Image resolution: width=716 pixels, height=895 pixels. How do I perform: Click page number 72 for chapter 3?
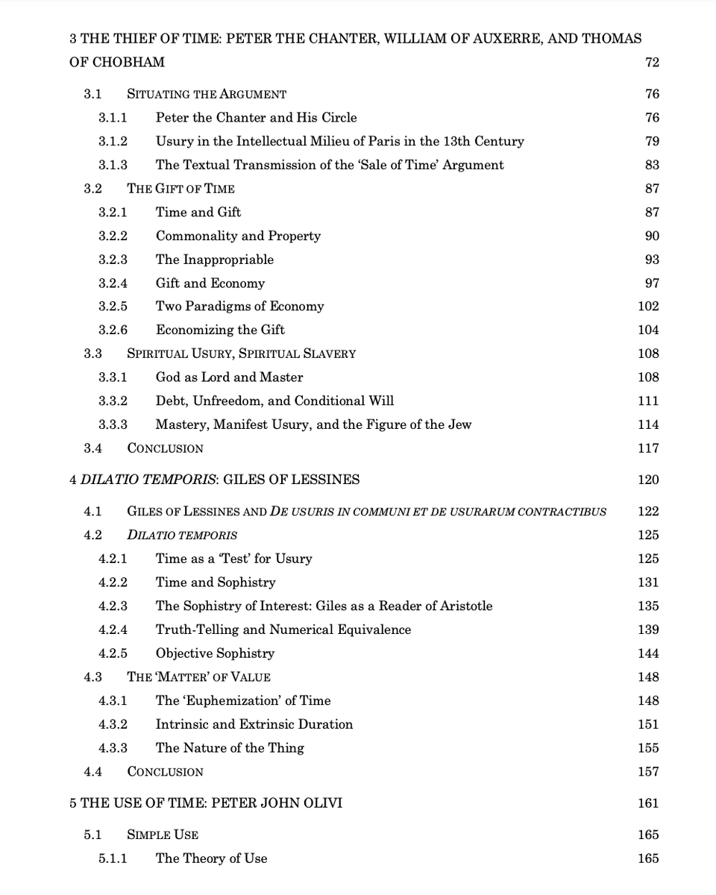(652, 62)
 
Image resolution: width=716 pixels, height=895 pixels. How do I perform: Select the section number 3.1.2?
(113, 141)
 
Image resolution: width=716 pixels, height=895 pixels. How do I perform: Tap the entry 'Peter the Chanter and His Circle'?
(256, 117)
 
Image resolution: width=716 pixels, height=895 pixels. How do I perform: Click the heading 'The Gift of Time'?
(180, 189)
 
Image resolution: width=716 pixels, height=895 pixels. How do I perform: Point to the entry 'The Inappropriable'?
(214, 260)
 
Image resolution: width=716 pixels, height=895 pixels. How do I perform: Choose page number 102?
(648, 307)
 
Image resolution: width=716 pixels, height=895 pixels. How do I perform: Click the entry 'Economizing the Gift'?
(220, 330)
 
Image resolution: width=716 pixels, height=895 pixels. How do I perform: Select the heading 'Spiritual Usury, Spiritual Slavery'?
(241, 354)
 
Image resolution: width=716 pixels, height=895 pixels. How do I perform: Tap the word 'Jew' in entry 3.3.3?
(458, 424)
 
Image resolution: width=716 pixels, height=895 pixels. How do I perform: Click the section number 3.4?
(93, 448)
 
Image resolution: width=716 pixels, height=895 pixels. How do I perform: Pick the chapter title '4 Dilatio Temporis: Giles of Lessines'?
(214, 480)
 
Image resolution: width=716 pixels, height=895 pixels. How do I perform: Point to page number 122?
(648, 512)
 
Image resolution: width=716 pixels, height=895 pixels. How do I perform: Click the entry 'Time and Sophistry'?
(216, 582)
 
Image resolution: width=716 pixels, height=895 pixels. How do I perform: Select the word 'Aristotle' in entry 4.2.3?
(460, 606)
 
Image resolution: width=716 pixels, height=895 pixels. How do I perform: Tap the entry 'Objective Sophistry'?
(215, 653)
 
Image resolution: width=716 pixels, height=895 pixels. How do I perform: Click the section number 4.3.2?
(113, 724)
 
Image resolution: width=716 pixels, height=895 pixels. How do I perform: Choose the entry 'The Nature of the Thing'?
(230, 748)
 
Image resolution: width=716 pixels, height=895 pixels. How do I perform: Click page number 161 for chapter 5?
(648, 803)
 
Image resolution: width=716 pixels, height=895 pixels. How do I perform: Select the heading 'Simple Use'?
(163, 835)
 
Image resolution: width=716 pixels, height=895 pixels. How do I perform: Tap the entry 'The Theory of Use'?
(211, 858)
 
